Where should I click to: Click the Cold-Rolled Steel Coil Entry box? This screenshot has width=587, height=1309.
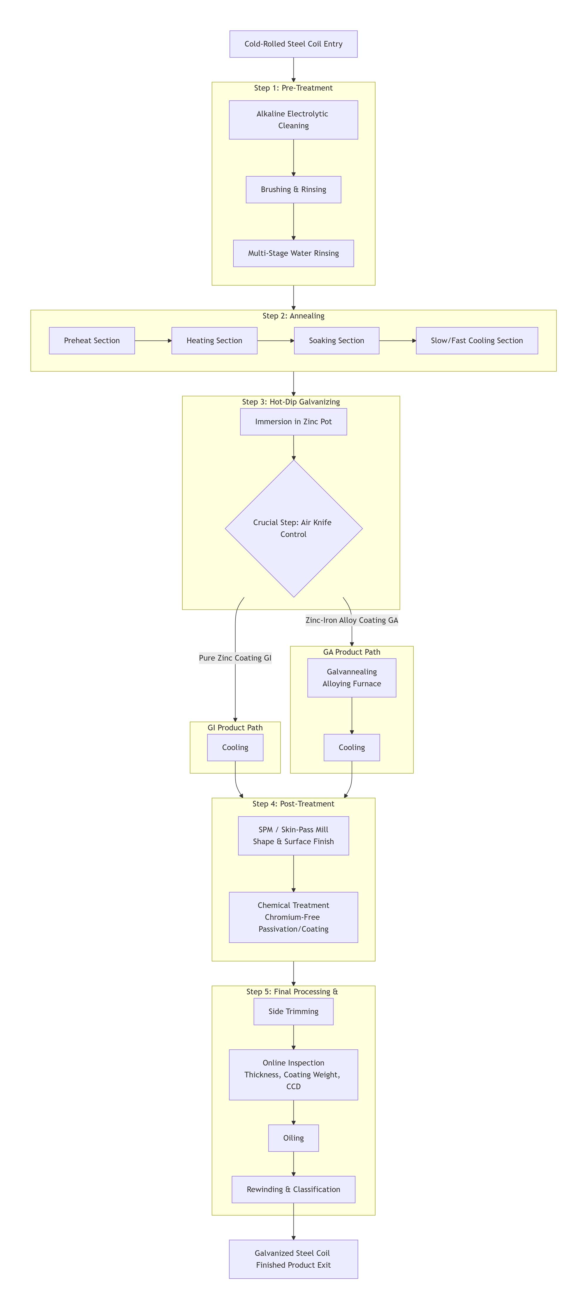coord(293,44)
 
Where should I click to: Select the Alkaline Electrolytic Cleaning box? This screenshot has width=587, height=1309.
coord(293,120)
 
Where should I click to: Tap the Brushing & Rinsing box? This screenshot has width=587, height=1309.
coord(293,190)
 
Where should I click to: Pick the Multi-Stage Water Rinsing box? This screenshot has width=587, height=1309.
coord(293,253)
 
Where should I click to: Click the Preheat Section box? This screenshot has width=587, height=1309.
coord(92,341)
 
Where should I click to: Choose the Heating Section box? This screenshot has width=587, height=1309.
coord(214,341)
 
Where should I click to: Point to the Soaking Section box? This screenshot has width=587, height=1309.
coord(336,341)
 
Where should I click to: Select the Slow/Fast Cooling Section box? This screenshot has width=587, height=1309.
coord(477,341)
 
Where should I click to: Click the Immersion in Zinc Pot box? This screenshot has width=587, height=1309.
coord(293,422)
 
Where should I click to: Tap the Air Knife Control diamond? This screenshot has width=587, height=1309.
coord(293,528)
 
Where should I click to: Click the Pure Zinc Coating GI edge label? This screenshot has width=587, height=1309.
coord(235,658)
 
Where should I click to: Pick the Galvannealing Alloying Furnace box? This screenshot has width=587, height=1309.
coord(352,678)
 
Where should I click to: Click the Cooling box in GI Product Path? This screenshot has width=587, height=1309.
coord(235,747)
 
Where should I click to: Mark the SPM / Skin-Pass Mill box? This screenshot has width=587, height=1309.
coord(293,836)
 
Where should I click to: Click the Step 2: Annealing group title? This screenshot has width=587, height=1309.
coord(293,316)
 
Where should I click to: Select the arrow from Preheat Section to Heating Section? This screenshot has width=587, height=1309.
coord(153,341)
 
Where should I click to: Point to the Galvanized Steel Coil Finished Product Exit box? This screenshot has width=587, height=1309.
coord(293,1259)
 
